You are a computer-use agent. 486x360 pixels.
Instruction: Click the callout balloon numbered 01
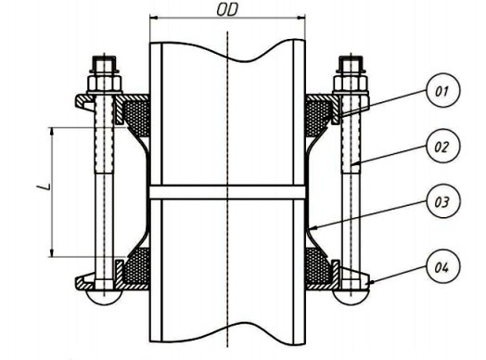(443, 91)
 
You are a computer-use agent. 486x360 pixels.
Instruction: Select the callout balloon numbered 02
(443, 146)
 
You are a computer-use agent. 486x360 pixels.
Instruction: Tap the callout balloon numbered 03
(443, 202)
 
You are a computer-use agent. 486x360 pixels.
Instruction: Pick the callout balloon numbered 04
(443, 267)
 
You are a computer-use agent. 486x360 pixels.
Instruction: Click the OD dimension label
(227, 10)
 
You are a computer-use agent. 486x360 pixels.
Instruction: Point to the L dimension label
(44, 186)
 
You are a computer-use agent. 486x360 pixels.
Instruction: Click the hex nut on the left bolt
(105, 83)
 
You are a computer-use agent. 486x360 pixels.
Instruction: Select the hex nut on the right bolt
(351, 83)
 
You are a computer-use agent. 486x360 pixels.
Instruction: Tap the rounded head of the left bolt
(105, 297)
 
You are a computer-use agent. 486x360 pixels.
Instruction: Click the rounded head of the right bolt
(351, 297)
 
